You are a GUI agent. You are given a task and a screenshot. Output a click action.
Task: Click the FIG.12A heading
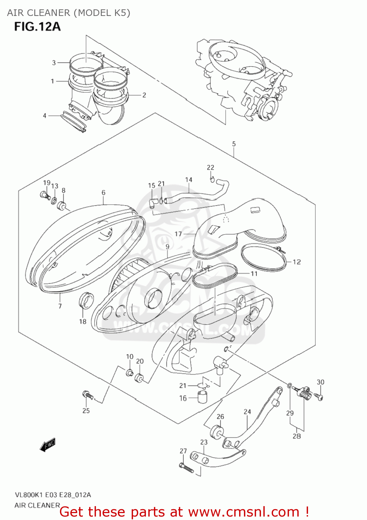[37, 26]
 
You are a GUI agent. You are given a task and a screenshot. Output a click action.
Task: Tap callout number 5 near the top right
[234, 144]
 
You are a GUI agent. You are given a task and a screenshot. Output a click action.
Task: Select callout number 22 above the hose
[210, 167]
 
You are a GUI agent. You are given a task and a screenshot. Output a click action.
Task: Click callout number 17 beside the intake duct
[178, 234]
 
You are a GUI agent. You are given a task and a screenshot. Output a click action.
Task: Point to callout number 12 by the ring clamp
[297, 262]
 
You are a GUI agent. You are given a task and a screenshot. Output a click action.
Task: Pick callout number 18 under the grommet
[82, 321]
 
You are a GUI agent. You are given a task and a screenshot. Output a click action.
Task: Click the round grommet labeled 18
[86, 300]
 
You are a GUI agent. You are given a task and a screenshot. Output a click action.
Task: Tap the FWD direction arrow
[47, 445]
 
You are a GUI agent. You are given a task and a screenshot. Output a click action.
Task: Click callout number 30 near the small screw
[320, 382]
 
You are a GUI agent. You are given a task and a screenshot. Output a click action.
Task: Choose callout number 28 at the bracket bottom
[297, 436]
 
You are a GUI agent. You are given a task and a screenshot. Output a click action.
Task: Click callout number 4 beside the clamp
[44, 115]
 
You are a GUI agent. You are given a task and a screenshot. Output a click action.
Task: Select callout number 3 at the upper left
[54, 63]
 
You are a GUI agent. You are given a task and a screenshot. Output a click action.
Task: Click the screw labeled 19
[44, 195]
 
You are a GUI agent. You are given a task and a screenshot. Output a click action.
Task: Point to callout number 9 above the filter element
[167, 247]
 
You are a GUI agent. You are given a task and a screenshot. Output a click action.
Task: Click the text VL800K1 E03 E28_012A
[53, 495]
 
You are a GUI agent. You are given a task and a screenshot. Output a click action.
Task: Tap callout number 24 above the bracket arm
[247, 412]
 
